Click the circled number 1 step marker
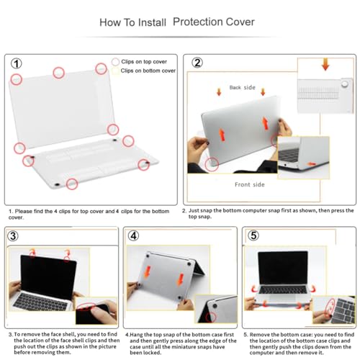(x=17, y=63)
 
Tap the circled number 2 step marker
(x=197, y=63)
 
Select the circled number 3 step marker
(x=13, y=236)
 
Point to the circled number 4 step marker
(x=133, y=235)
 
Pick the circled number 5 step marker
(x=253, y=235)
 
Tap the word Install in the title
(x=152, y=22)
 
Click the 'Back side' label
(x=242, y=87)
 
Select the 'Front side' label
(x=250, y=184)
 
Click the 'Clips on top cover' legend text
(x=144, y=62)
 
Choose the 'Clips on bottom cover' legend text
(x=148, y=71)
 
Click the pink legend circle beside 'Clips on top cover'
(x=115, y=62)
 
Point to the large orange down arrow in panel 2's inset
(x=325, y=64)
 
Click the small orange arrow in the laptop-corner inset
(x=312, y=164)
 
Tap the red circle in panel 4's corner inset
(x=211, y=317)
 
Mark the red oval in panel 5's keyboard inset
(x=329, y=307)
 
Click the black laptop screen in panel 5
(x=283, y=268)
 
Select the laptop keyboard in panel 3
(x=40, y=302)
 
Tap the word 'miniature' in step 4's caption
(x=190, y=347)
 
